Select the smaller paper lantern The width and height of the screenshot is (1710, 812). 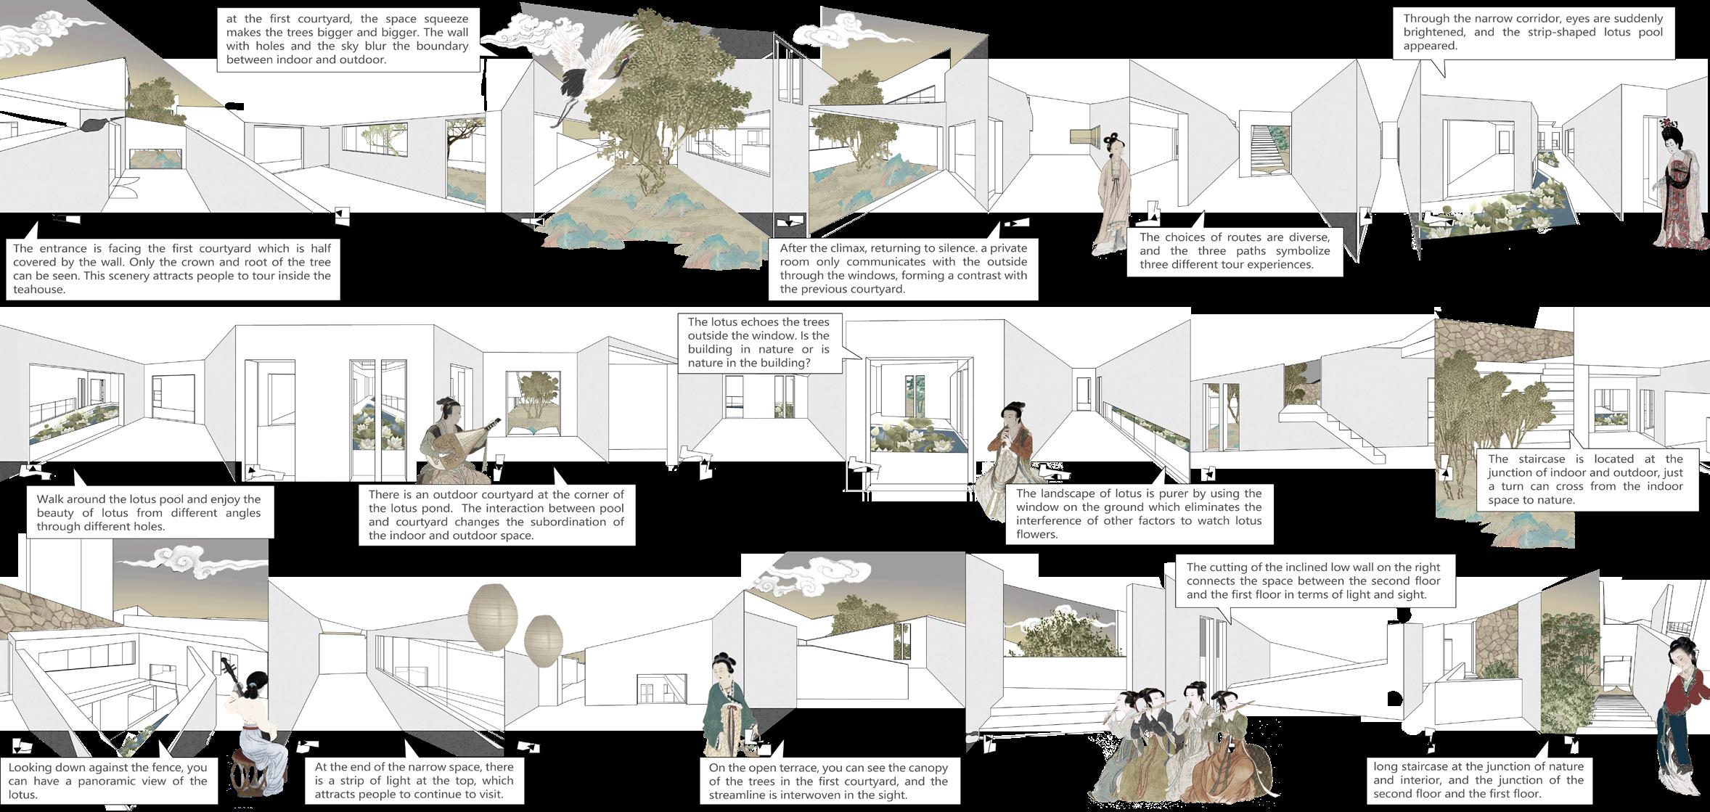point(543,640)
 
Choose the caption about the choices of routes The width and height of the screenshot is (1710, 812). point(1234,250)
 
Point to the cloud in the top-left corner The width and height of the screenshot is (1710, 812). point(44,33)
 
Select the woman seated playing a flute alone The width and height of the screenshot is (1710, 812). point(1005,461)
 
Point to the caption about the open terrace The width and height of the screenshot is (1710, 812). point(827,781)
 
